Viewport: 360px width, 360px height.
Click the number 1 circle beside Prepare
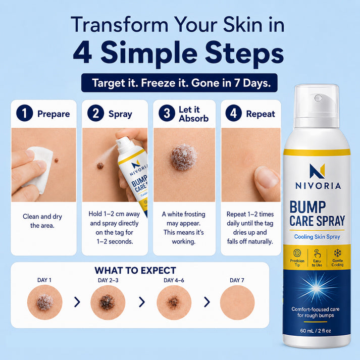[x=25, y=113]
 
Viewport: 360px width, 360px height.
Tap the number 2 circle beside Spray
[x=96, y=113]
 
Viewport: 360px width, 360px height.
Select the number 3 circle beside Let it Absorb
[x=167, y=113]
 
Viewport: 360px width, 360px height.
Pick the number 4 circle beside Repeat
[x=233, y=113]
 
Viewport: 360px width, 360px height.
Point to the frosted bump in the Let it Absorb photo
[x=184, y=157]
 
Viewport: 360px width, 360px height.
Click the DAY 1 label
[x=44, y=280]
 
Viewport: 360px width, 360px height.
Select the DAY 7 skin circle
[x=237, y=302]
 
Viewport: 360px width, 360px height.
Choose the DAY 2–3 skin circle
[x=108, y=302]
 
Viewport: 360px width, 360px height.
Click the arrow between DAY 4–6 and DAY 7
[x=207, y=302]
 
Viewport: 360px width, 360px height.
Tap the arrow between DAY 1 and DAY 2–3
[x=77, y=302]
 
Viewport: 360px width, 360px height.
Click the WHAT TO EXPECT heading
[x=135, y=271]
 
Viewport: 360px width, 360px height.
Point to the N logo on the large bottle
[x=317, y=171]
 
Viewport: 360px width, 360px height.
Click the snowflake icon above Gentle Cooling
[x=337, y=253]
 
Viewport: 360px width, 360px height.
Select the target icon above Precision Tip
[x=297, y=253]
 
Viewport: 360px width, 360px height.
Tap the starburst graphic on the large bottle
[x=316, y=288]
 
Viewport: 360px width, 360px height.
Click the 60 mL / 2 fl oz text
[x=316, y=331]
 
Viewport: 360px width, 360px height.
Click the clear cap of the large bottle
[x=317, y=106]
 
